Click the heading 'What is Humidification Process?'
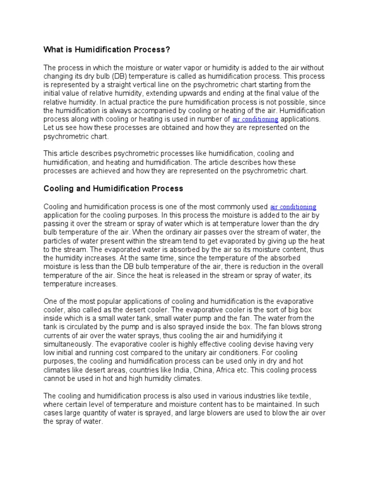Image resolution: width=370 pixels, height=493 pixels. point(107,50)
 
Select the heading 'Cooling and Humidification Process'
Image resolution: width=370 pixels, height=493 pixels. point(113,188)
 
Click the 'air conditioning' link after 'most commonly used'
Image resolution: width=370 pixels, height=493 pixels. point(293,207)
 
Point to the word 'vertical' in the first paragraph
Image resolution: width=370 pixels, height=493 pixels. point(152,85)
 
